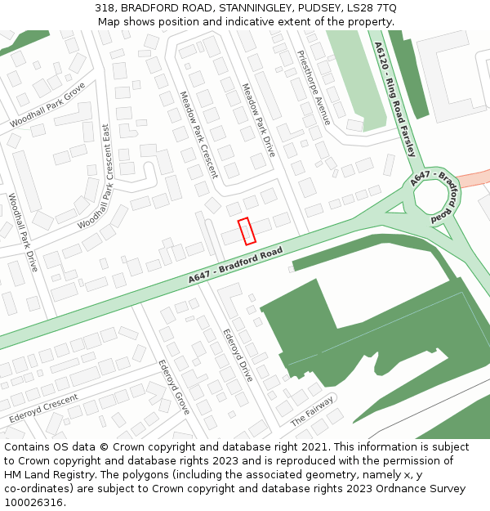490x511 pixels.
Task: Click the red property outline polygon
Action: click(x=247, y=231)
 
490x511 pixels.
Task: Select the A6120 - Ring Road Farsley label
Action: click(x=395, y=99)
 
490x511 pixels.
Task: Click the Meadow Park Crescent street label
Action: click(x=198, y=134)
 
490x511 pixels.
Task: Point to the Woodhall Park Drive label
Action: click(x=23, y=232)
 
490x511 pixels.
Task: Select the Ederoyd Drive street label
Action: click(x=238, y=355)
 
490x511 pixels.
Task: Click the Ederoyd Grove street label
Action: click(x=174, y=386)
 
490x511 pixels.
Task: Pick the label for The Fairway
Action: click(x=313, y=411)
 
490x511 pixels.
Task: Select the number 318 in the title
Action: click(x=105, y=7)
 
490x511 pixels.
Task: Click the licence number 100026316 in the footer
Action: click(x=34, y=502)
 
